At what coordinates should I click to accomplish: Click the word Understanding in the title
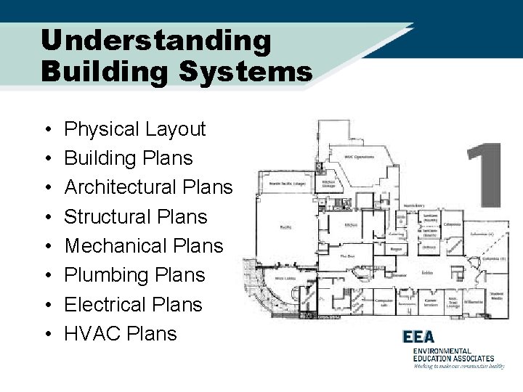click(156, 41)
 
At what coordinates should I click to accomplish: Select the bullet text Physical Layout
click(135, 129)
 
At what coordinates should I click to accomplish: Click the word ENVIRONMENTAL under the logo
click(442, 351)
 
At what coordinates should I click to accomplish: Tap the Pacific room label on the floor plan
click(285, 228)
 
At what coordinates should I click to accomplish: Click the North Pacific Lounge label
click(285, 184)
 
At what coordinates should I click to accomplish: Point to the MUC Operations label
click(360, 158)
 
